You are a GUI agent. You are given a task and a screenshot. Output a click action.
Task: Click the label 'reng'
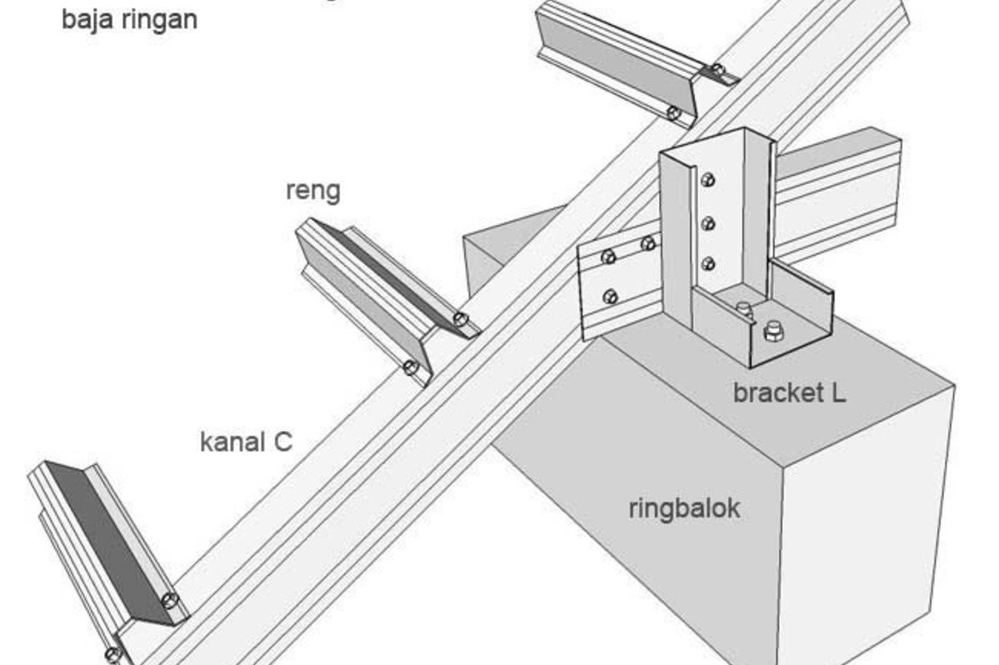(x=313, y=191)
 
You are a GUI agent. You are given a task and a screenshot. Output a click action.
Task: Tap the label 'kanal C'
(x=246, y=441)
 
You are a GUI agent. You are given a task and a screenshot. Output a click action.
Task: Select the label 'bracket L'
(x=789, y=392)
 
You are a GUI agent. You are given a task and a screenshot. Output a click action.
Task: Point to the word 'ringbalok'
(x=684, y=507)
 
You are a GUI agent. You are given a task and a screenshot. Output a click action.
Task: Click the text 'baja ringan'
(x=129, y=18)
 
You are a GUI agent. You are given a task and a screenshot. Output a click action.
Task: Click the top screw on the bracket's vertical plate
(x=708, y=178)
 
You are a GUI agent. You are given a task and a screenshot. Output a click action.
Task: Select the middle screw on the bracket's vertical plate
(x=708, y=222)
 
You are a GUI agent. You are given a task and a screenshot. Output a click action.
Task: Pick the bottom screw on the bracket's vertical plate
(x=708, y=264)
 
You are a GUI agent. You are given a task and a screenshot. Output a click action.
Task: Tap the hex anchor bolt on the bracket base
(x=773, y=332)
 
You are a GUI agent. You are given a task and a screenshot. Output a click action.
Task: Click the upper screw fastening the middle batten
(x=461, y=319)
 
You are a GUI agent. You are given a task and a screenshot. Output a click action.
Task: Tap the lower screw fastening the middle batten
(x=410, y=367)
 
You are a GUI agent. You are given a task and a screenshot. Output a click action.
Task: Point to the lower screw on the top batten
(x=673, y=112)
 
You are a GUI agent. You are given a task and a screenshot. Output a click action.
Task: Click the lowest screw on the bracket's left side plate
(x=611, y=295)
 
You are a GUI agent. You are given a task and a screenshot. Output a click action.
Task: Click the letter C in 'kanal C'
(x=282, y=441)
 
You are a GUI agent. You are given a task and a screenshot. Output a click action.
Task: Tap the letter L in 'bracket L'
(x=837, y=392)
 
